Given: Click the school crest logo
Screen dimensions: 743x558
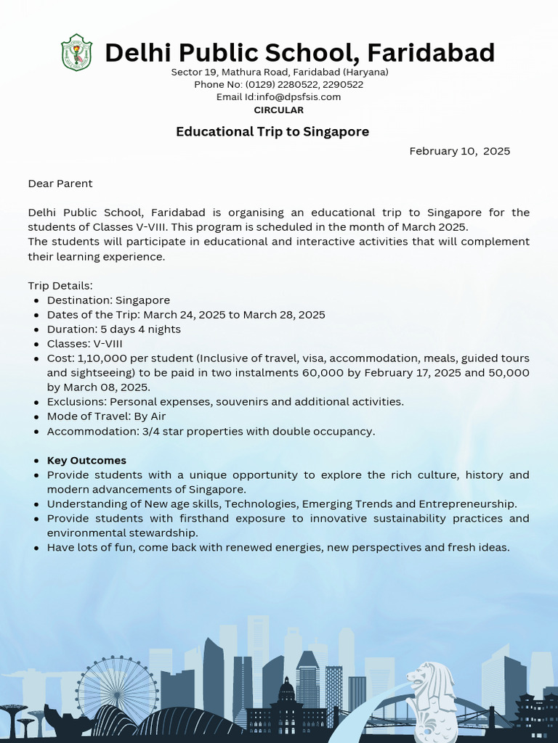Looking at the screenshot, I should pos(76,52).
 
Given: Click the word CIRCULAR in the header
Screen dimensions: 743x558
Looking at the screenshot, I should pos(278,110).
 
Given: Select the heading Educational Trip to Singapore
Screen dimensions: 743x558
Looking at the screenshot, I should pos(272,131).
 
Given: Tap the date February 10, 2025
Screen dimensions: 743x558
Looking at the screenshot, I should pos(459,151).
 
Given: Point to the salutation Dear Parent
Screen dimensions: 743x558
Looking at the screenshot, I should pos(60,184).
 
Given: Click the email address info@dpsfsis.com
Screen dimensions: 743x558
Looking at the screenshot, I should pos(299,97).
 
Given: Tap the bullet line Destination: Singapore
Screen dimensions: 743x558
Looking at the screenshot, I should pos(108,300).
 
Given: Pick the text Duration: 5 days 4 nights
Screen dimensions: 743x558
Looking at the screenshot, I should pos(113,329).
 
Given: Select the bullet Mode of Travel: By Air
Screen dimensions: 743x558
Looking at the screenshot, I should pos(106,416).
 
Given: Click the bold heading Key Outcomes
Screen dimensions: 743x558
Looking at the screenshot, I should pos(86,460).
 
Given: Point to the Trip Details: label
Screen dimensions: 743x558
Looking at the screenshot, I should pos(60,285).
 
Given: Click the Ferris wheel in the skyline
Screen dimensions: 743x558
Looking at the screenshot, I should pos(117,690).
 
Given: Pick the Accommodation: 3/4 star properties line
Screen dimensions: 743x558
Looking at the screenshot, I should pos(211,431).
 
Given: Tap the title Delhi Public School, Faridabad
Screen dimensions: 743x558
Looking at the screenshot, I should pos(299,52).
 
